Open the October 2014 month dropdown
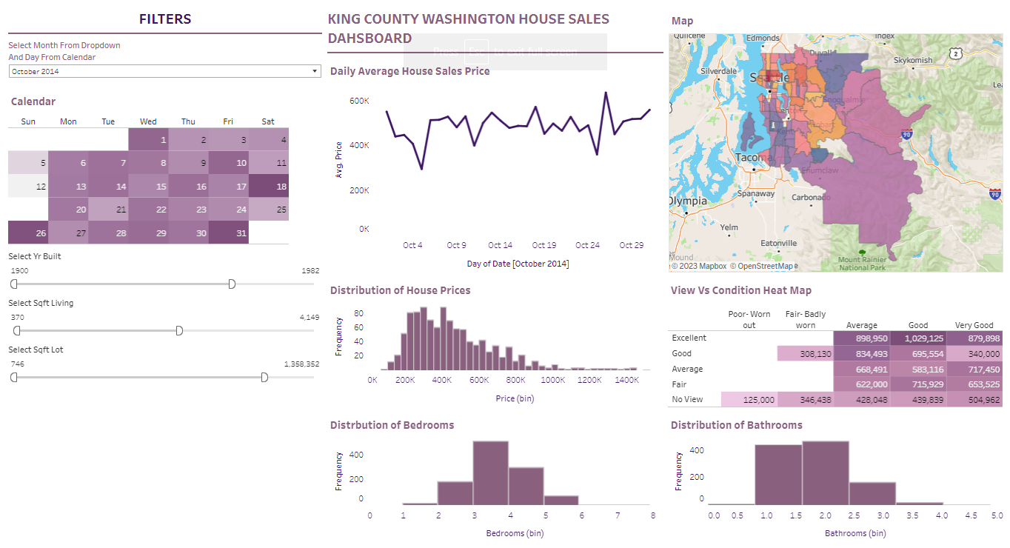tap(164, 71)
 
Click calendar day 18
tap(269, 187)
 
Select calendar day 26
tap(28, 233)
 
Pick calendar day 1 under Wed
tap(148, 140)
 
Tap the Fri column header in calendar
tap(228, 121)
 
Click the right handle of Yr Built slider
tap(232, 284)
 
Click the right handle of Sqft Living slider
tap(179, 330)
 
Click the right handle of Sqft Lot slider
tap(264, 377)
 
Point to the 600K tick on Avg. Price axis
tap(359, 101)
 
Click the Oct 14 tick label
tap(500, 245)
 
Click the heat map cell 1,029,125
tap(917, 338)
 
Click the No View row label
tap(687, 399)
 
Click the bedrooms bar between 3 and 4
tap(490, 473)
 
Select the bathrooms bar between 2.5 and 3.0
tap(872, 493)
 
